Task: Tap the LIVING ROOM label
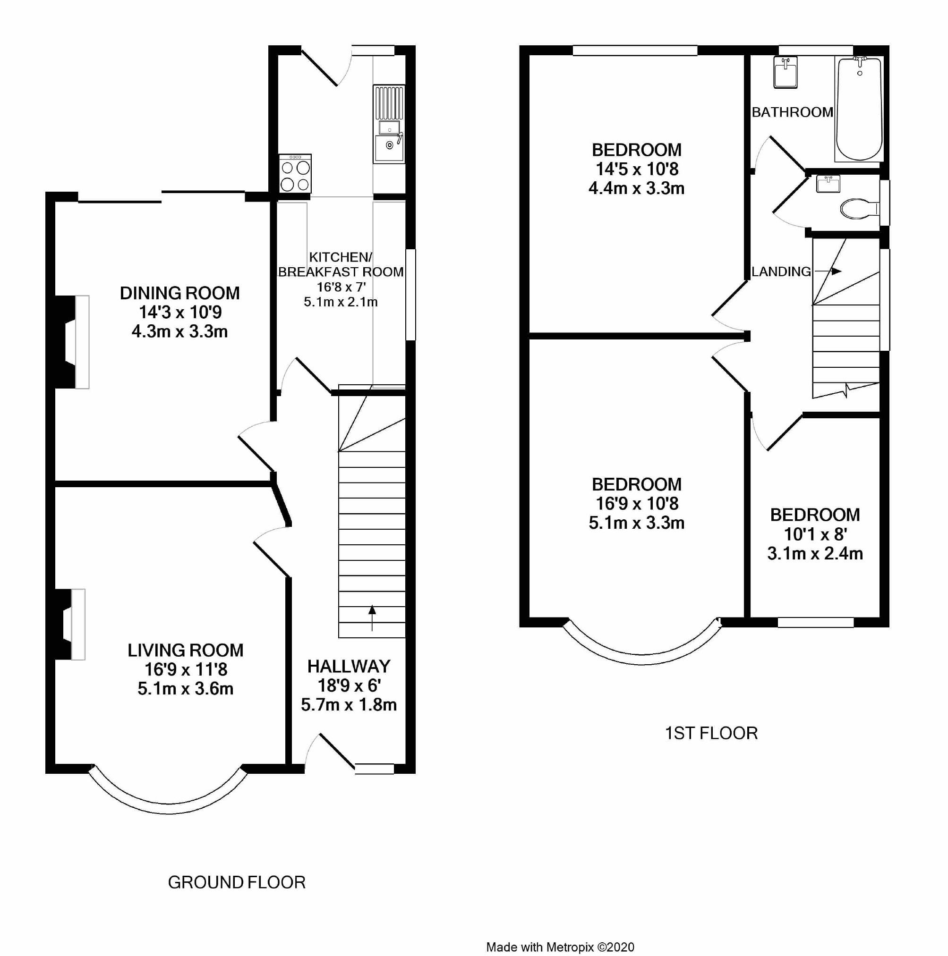tap(186, 650)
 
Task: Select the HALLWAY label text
tap(349, 667)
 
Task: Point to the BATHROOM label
tap(792, 112)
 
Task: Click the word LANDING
tap(781, 271)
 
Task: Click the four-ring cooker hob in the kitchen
tap(296, 173)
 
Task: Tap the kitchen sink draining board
tap(389, 103)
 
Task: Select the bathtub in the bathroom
tap(859, 109)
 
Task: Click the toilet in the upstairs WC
tap(859, 208)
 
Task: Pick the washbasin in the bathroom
tap(786, 72)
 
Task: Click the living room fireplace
tap(70, 625)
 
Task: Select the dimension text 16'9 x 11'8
tap(186, 669)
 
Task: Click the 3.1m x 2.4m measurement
tap(815, 554)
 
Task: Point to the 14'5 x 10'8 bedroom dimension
tap(637, 169)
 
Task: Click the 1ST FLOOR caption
tap(711, 733)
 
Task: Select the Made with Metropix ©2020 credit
tap(560, 947)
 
